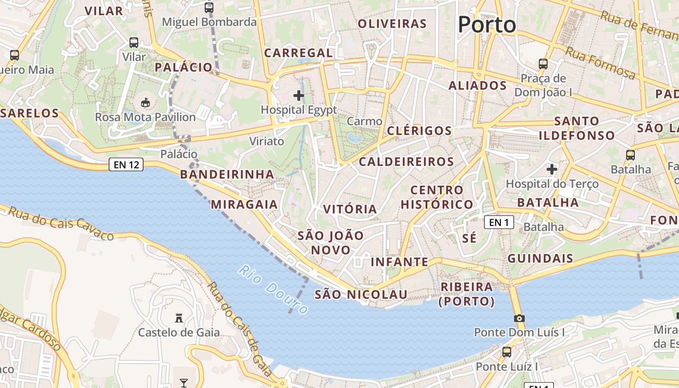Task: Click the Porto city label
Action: [486, 25]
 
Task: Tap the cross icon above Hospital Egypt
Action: [299, 96]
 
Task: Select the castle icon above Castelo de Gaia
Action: [179, 318]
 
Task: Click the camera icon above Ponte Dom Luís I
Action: [519, 319]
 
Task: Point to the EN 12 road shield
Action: [126, 165]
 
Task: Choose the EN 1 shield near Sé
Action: [499, 222]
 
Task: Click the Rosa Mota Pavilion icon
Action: [145, 102]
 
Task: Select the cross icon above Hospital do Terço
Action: [551, 169]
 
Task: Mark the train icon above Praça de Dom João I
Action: [543, 64]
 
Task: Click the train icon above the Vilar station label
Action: [134, 43]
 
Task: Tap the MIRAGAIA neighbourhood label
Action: [244, 204]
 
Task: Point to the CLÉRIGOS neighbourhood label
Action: [420, 130]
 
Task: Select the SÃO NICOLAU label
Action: [361, 294]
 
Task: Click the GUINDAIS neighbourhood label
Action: [540, 258]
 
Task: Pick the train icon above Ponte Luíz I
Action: [507, 352]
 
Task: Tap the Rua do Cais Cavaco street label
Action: [61, 224]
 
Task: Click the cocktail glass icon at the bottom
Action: [184, 383]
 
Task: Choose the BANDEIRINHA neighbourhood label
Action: [227, 174]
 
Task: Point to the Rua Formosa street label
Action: [600, 63]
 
